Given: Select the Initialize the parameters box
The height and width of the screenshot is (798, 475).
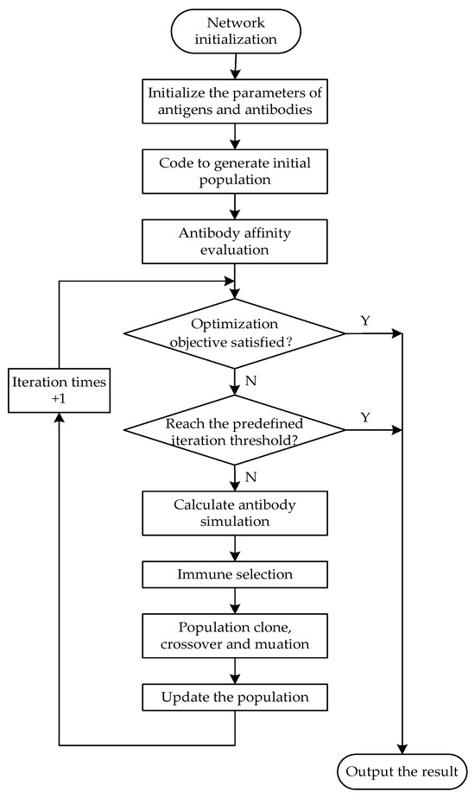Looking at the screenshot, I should click(235, 100).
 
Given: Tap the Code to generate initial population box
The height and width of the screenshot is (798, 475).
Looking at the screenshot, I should click(235, 170).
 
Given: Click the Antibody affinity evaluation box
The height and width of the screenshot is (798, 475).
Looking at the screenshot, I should click(235, 239).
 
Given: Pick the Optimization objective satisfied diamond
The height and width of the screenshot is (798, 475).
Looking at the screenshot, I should click(235, 332).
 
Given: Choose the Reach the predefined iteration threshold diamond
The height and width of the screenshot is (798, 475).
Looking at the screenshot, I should click(235, 429).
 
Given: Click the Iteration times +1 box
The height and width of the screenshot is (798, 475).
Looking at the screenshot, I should click(58, 391).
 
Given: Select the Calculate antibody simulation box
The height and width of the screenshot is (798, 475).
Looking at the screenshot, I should click(235, 515).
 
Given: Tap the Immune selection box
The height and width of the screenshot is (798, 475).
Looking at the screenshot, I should click(235, 573).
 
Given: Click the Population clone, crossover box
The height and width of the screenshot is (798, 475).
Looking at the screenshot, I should click(235, 634).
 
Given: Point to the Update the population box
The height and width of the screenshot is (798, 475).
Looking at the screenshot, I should click(235, 695).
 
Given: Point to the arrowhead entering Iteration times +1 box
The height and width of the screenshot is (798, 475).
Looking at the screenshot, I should click(58, 417).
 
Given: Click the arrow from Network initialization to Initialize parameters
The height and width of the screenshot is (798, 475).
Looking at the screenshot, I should click(235, 65).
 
